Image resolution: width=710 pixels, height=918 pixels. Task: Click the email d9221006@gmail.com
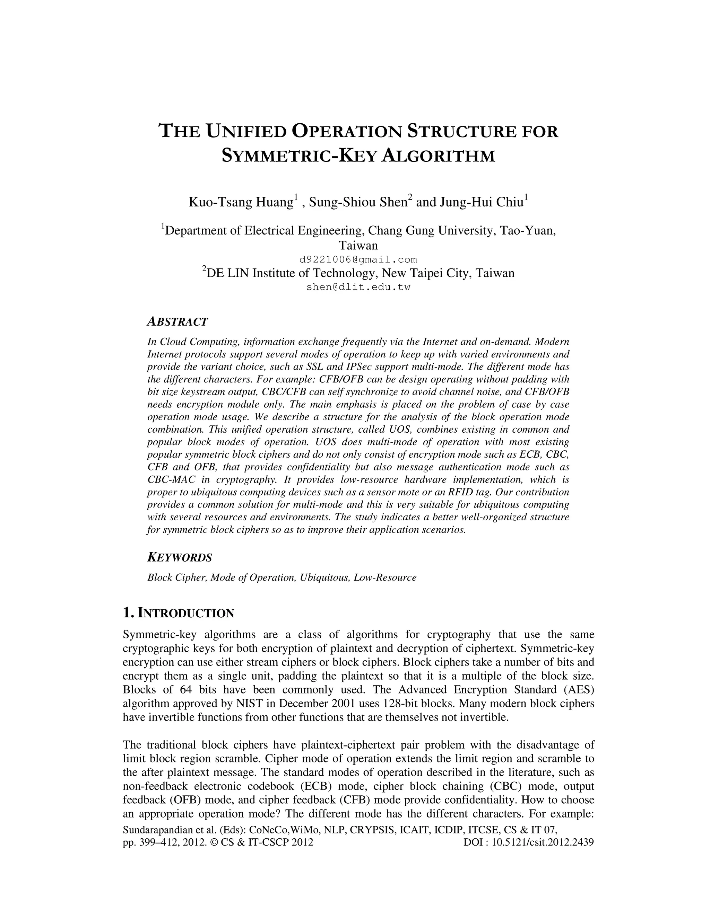[x=358, y=259]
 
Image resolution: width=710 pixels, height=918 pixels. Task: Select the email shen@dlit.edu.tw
[x=358, y=288]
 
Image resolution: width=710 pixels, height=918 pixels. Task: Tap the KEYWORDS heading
[x=180, y=558]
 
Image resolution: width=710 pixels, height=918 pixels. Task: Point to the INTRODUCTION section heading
[x=178, y=613]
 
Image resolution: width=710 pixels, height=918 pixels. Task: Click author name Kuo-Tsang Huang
[x=241, y=203]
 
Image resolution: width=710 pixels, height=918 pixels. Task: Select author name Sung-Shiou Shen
[x=357, y=203]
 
